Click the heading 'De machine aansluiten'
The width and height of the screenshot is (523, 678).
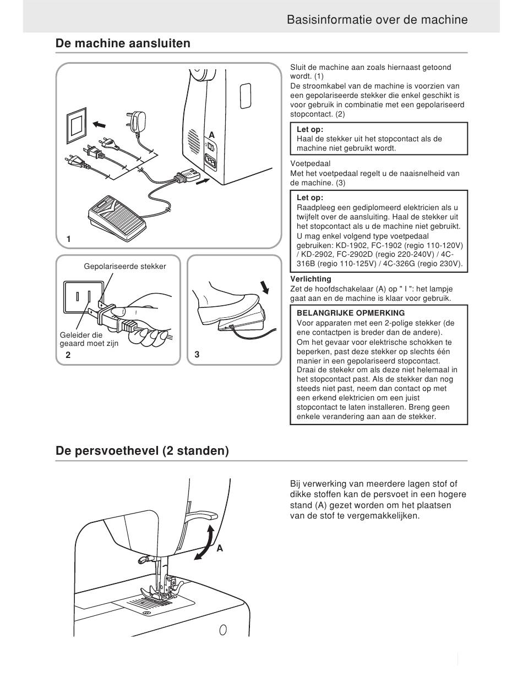tap(123, 43)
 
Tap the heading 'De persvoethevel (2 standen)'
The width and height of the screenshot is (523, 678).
tap(142, 451)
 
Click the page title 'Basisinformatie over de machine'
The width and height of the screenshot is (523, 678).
tap(377, 20)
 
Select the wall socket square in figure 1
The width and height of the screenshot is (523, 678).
tap(77, 125)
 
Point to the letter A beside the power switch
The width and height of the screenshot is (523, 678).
tap(212, 135)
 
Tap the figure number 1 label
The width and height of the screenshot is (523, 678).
tap(69, 239)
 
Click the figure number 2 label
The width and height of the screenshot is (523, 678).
tap(68, 355)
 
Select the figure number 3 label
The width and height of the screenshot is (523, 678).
tap(197, 355)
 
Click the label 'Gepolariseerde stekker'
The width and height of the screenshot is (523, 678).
tap(125, 266)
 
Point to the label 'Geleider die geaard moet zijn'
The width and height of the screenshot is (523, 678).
tap(89, 339)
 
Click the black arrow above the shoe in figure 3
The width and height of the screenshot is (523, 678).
tap(265, 287)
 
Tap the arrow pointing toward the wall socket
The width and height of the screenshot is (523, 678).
tap(99, 125)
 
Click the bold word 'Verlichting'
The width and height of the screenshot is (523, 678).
tap(310, 279)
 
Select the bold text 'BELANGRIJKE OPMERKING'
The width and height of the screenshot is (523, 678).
tap(351, 313)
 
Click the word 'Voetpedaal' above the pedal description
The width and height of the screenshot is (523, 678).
tap(310, 163)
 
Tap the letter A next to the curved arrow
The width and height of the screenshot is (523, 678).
tap(220, 548)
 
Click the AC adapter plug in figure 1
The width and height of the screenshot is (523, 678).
tap(136, 122)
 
